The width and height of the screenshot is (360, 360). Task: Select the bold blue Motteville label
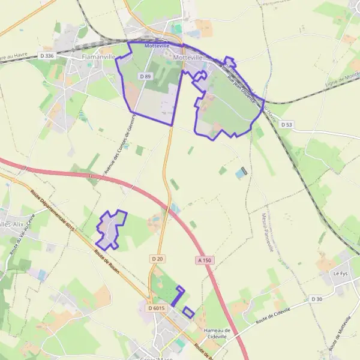[x=157, y=46]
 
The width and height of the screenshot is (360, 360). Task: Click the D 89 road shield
[x=145, y=76]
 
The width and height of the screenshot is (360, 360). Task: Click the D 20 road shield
[x=157, y=259]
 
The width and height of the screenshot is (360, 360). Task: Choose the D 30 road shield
[x=317, y=299]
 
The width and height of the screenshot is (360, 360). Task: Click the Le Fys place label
[x=340, y=274]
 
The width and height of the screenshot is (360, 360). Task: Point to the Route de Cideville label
[x=273, y=315]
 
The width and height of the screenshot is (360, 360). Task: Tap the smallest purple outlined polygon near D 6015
[x=188, y=312]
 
